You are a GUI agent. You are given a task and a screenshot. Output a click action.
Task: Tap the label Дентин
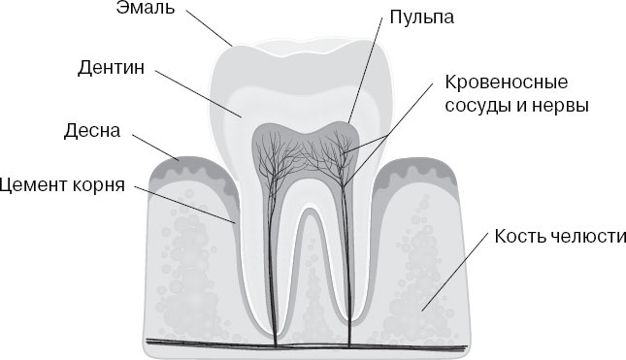click(110, 70)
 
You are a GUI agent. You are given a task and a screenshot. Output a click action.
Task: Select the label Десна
click(93, 129)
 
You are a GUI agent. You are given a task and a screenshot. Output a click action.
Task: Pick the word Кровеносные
click(508, 82)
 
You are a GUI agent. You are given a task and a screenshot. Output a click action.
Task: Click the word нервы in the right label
click(561, 105)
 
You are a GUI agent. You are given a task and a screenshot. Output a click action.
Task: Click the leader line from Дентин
click(194, 93)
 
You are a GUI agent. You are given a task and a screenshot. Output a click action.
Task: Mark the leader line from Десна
click(150, 145)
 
